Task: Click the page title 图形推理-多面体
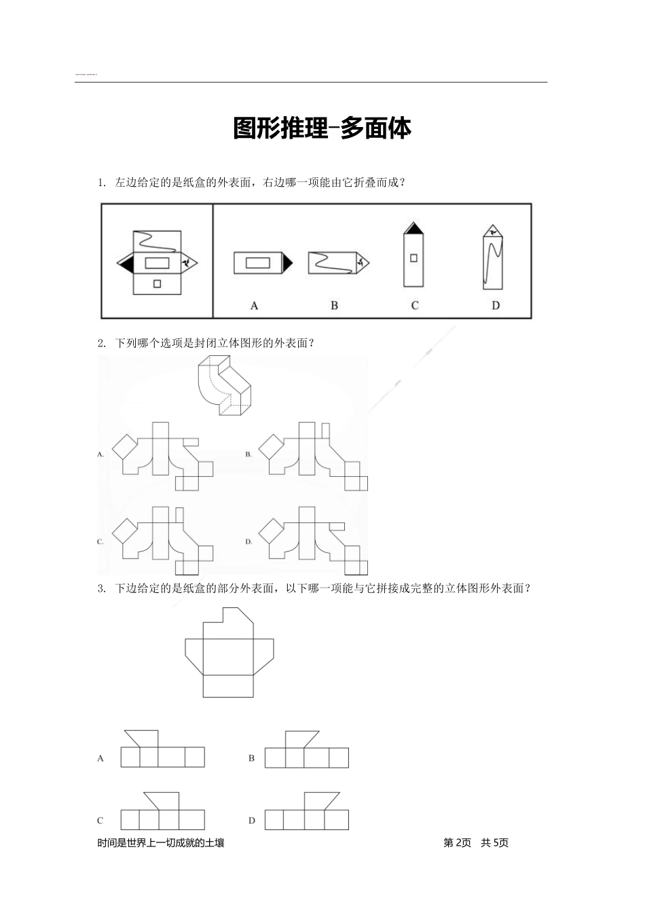pyautogui.click(x=322, y=128)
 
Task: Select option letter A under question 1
pyautogui.click(x=255, y=306)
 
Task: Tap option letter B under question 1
pyautogui.click(x=334, y=306)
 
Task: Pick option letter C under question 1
pyautogui.click(x=415, y=306)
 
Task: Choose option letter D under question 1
pyautogui.click(x=496, y=306)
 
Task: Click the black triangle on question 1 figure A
pyautogui.click(x=288, y=262)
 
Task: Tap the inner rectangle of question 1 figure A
pyautogui.click(x=258, y=262)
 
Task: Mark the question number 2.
pyautogui.click(x=100, y=343)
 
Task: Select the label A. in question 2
pyautogui.click(x=100, y=454)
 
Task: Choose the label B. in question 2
pyautogui.click(x=248, y=454)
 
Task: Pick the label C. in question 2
pyautogui.click(x=100, y=541)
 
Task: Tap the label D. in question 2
pyautogui.click(x=248, y=541)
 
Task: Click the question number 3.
pyautogui.click(x=100, y=589)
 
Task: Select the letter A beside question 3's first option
pyautogui.click(x=100, y=757)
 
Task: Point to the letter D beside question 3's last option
pyautogui.click(x=251, y=821)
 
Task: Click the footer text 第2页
pyautogui.click(x=457, y=843)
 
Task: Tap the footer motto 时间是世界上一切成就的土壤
pyautogui.click(x=161, y=843)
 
